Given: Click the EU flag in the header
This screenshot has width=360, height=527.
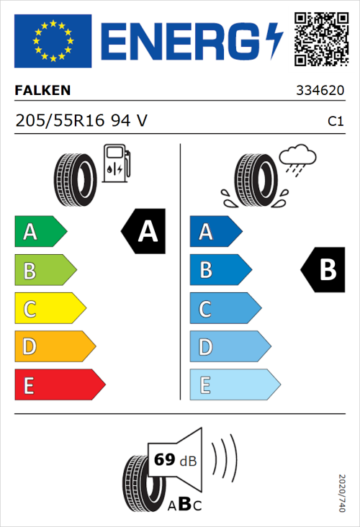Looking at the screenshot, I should pos(53,41).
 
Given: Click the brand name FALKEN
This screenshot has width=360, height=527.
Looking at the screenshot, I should pos(43,91).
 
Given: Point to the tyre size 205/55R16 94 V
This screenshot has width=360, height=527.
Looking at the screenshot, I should pos(81,121).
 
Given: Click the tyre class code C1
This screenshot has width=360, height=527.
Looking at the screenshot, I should pos(335,122).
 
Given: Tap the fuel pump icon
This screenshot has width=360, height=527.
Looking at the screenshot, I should pos(116,163).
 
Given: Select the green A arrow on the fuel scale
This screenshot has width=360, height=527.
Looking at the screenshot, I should pos(40,232).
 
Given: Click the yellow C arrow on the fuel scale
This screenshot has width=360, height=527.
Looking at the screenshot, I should pos(49,309).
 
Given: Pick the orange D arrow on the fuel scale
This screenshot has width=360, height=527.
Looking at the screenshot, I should pos(54,347).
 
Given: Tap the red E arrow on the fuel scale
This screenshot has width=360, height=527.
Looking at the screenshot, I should pos(59,385).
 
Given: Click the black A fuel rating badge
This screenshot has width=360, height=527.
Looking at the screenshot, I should pos(143,231).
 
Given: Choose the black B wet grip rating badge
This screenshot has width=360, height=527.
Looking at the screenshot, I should pos(323,270).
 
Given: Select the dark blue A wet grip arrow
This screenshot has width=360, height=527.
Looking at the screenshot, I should pos(215,232).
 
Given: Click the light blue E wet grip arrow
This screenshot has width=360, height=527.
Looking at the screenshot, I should pos(234,385).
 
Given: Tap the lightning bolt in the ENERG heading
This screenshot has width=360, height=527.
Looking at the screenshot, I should pos(274,40).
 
